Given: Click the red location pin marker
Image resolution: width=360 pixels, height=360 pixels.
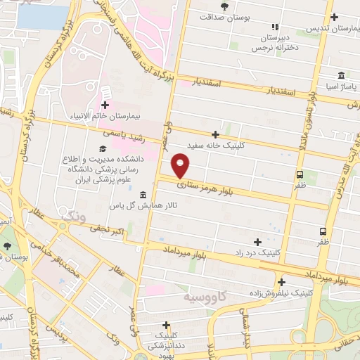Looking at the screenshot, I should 181,166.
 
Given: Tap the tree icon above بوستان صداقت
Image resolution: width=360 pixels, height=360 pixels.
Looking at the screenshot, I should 224,6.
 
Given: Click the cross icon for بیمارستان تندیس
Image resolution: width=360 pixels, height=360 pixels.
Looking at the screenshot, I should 334,17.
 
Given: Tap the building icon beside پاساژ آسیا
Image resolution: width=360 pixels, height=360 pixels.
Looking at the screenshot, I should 341,75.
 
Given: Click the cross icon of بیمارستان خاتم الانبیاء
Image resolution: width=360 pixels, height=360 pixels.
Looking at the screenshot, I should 105,91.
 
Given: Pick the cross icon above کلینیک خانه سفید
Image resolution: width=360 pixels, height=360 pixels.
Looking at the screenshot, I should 216,134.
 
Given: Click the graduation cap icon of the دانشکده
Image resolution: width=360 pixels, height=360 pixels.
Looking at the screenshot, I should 103,148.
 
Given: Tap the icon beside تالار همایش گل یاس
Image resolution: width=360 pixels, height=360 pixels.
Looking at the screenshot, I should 143,195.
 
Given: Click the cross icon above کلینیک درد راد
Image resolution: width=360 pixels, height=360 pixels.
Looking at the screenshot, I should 257,241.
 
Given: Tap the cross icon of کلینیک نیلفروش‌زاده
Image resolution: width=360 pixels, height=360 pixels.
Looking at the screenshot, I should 281,282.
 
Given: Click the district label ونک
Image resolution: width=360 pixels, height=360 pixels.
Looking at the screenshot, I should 75,220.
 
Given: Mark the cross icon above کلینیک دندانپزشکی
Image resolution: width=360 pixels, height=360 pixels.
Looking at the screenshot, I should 166,325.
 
